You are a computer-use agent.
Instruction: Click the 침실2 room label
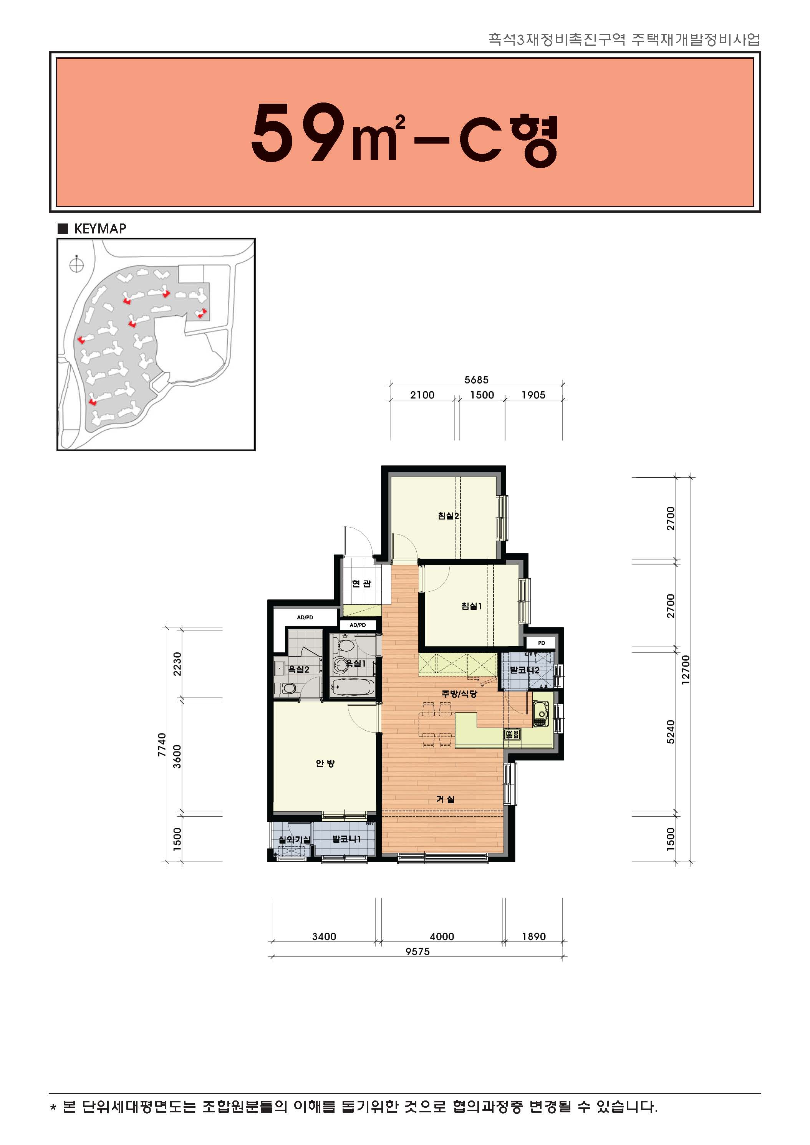coord(448,516)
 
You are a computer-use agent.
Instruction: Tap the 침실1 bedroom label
coord(471,606)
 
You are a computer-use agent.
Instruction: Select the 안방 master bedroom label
coord(325,763)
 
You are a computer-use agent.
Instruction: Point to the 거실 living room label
coord(446,799)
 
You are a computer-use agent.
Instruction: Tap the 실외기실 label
coord(294,839)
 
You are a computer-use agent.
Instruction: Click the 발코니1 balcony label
coord(346,839)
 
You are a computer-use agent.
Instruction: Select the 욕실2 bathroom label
coord(299,669)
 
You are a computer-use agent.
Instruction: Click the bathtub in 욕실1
coord(352,687)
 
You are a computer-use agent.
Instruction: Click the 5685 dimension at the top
coord(476,379)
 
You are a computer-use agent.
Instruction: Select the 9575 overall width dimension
coord(417,951)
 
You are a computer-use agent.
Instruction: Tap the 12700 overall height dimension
coord(686,669)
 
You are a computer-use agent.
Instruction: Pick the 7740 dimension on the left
coord(162,745)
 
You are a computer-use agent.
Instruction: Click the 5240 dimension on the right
coord(671,731)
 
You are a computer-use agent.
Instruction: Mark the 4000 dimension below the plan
coord(442,936)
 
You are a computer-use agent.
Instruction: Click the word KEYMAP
coord(100,228)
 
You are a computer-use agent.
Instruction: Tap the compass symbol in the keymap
coord(76,265)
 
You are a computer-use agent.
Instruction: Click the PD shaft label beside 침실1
coord(541,643)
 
